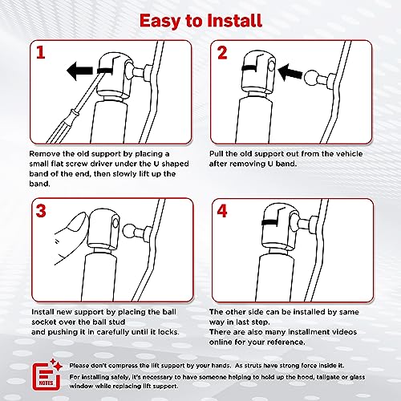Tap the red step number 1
point(41,52)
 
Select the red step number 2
point(222,53)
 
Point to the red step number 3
point(41,211)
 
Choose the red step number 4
point(222,211)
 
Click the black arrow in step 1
point(79,71)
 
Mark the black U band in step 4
point(271,222)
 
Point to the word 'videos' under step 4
point(344,332)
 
